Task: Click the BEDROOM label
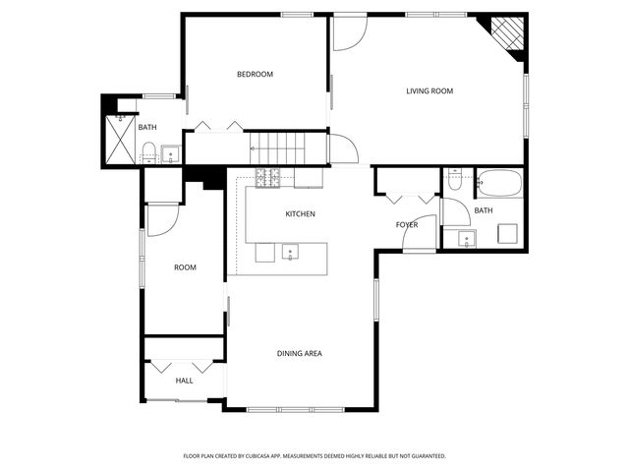(x=255, y=75)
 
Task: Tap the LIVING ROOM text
(x=429, y=91)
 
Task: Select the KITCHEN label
(x=300, y=214)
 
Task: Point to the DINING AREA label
(x=299, y=354)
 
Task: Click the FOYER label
(x=407, y=225)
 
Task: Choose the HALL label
(x=184, y=381)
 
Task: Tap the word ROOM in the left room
(x=185, y=267)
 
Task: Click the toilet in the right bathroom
(x=454, y=179)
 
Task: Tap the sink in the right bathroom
(x=463, y=237)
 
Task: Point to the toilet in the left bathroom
(x=149, y=151)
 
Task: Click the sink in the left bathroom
(x=171, y=154)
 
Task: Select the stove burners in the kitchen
(x=268, y=178)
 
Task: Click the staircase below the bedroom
(x=281, y=150)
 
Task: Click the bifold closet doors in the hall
(x=184, y=363)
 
